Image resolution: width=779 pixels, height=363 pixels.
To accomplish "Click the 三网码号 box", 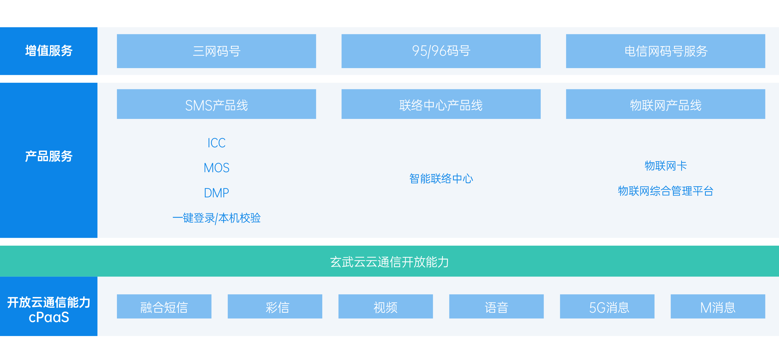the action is click(x=216, y=51).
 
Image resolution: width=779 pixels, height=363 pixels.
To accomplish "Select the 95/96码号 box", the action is click(x=441, y=51).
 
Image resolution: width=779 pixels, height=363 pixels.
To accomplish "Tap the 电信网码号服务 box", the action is click(x=665, y=51).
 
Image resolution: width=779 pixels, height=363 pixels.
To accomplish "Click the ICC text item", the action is click(x=217, y=143).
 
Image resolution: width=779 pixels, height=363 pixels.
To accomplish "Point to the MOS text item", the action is click(x=217, y=168).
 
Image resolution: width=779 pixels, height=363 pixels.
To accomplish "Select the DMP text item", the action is click(x=217, y=193).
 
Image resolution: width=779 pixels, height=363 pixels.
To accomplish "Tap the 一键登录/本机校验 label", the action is click(x=217, y=218).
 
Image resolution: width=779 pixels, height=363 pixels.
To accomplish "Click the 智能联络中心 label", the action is click(x=441, y=178).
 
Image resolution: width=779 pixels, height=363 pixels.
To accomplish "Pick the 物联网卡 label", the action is click(x=665, y=166).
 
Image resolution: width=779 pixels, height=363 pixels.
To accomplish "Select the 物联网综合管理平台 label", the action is click(x=665, y=191).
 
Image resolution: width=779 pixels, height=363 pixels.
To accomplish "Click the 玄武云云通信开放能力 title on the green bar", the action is click(x=389, y=262).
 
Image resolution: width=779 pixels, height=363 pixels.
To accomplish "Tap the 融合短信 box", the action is click(x=164, y=306).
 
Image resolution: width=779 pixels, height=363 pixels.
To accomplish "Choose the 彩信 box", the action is click(x=275, y=306).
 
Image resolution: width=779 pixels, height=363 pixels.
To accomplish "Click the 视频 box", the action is click(x=386, y=306).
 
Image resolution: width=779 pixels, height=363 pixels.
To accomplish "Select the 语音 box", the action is click(x=496, y=306).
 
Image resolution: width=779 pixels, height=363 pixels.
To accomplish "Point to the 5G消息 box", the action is click(x=607, y=306).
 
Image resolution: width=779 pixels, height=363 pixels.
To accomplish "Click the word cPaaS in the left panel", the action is click(x=49, y=317).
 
